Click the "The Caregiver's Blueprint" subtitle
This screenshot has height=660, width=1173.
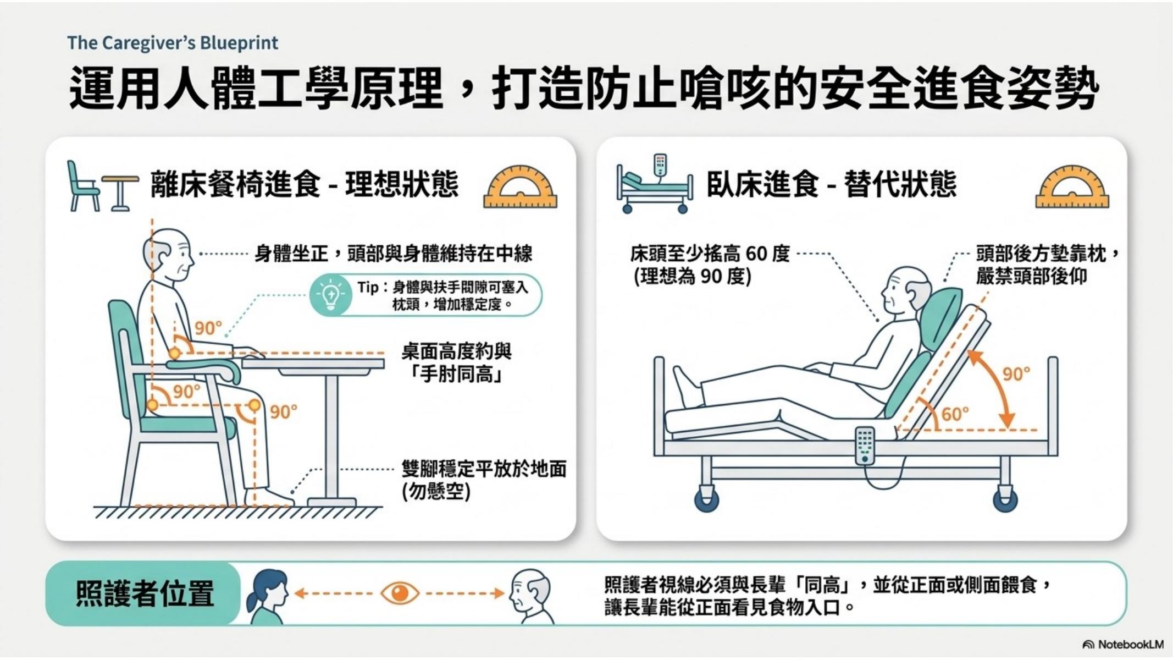[173, 43]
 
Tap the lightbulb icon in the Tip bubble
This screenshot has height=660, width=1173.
[330, 295]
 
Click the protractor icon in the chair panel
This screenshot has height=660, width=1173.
[520, 186]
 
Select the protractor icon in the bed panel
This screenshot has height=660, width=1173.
[1072, 186]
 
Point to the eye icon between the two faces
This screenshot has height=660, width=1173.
[400, 593]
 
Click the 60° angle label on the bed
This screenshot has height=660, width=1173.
[955, 414]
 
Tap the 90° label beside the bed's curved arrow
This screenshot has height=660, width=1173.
[1016, 374]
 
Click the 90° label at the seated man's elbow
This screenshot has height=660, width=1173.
[208, 328]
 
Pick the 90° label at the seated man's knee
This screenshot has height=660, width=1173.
[283, 412]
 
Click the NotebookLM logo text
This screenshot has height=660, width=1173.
[1130, 644]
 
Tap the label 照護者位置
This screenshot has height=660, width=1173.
[145, 594]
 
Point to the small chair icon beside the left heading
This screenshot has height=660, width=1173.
[82, 186]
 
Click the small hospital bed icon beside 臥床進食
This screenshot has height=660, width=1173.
[654, 184]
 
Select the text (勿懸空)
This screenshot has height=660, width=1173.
[436, 492]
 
